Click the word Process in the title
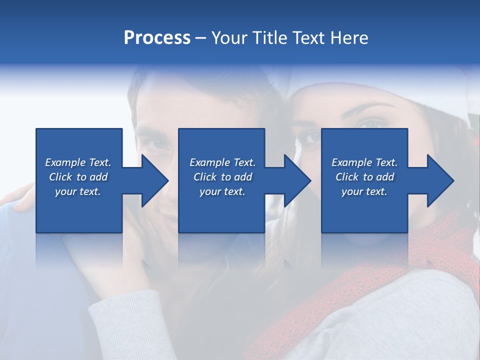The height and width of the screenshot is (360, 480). [157, 38]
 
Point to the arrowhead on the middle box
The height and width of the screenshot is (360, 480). [297, 180]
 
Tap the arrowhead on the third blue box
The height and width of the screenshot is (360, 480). [440, 180]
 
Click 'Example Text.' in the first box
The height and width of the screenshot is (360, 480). [78, 162]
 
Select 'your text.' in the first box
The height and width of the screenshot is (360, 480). [78, 191]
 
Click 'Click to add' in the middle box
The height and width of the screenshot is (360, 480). [222, 177]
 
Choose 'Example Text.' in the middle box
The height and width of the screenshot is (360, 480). [222, 162]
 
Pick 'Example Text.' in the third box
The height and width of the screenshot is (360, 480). [364, 162]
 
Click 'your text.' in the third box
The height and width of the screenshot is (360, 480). [364, 191]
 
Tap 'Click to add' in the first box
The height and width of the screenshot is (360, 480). [78, 177]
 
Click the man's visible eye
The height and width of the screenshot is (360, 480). [156, 143]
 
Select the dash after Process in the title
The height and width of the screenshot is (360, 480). [201, 38]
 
